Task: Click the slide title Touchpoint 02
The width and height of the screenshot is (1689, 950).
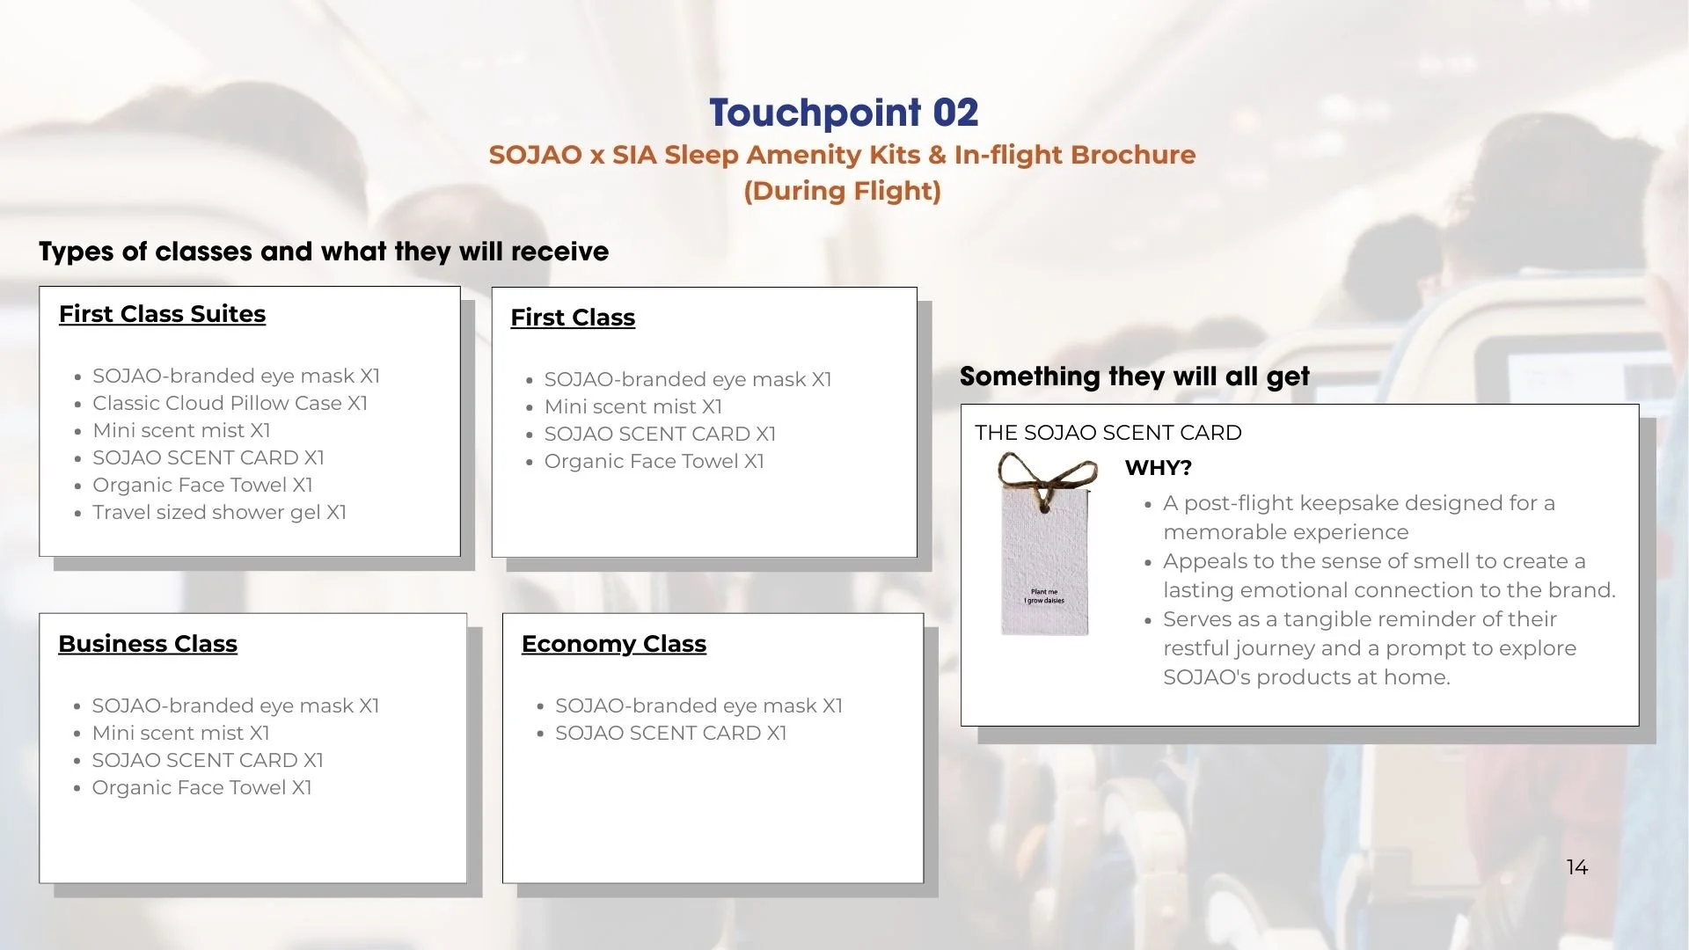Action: pyautogui.click(x=844, y=113)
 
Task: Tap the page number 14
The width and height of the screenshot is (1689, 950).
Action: pyautogui.click(x=1576, y=867)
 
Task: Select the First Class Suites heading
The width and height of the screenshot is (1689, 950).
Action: pyautogui.click(x=162, y=314)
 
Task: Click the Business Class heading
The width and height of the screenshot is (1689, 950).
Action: pyautogui.click(x=148, y=644)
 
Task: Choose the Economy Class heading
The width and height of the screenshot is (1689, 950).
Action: pyautogui.click(x=613, y=644)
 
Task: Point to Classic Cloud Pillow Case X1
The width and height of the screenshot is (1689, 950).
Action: pyautogui.click(x=230, y=403)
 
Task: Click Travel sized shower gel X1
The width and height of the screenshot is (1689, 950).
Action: pyautogui.click(x=219, y=512)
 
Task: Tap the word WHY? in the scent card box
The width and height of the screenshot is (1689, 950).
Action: pyautogui.click(x=1158, y=468)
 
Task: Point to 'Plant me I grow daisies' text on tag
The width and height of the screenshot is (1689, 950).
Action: pyautogui.click(x=1044, y=596)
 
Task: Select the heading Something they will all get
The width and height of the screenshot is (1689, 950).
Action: pyautogui.click(x=1134, y=376)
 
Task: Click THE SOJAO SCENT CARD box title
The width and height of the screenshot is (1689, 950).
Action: pyautogui.click(x=1108, y=433)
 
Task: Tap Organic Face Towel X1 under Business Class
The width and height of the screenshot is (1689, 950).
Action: pyautogui.click(x=201, y=787)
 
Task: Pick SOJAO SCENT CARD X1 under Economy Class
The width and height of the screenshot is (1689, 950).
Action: pyautogui.click(x=670, y=733)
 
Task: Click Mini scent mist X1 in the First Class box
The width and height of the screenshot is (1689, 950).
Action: pyautogui.click(x=632, y=406)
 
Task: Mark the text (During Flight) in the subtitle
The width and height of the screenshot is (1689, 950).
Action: pyautogui.click(x=842, y=191)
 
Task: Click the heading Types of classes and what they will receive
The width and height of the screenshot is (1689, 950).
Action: pyautogui.click(x=323, y=252)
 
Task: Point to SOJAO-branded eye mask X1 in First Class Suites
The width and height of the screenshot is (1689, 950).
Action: pyautogui.click(x=236, y=376)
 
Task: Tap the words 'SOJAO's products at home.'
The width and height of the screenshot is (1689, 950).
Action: pyautogui.click(x=1306, y=677)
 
